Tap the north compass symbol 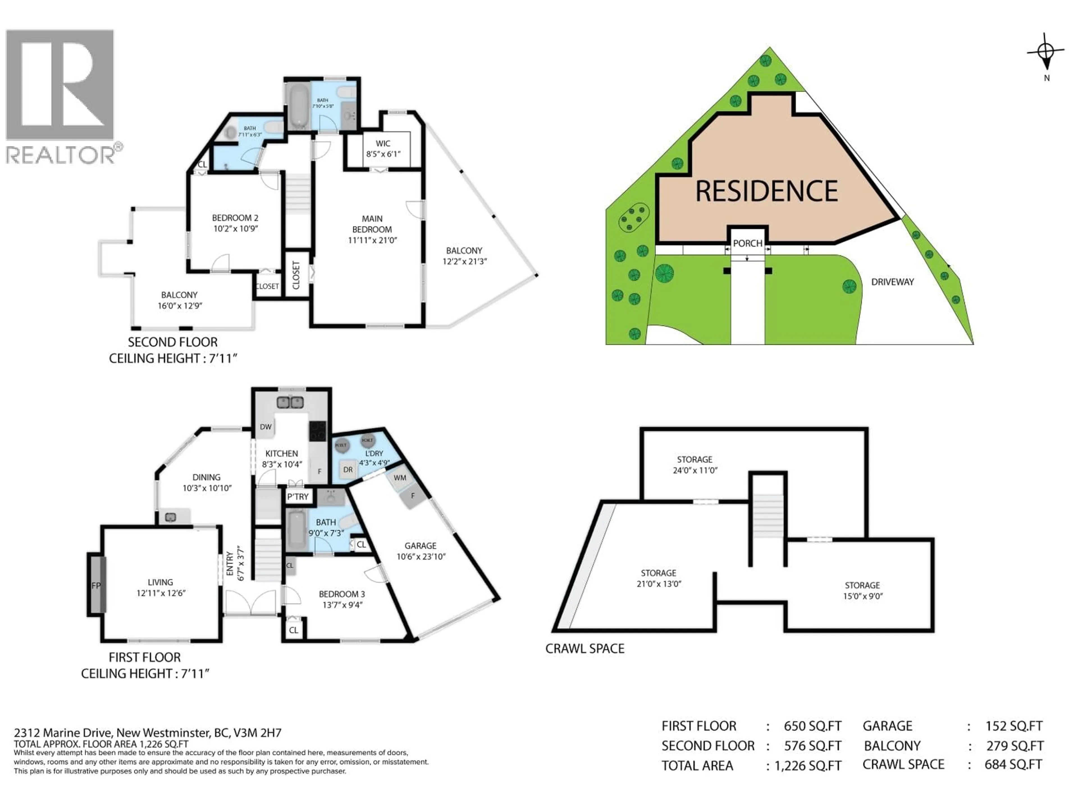coord(1046,52)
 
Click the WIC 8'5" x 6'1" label coord(383,148)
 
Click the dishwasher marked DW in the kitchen coord(266,427)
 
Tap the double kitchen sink coord(290,402)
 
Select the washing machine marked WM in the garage coord(400,478)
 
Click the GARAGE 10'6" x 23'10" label coord(421,551)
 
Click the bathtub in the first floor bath coord(296,531)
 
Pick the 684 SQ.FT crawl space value coord(1013,765)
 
